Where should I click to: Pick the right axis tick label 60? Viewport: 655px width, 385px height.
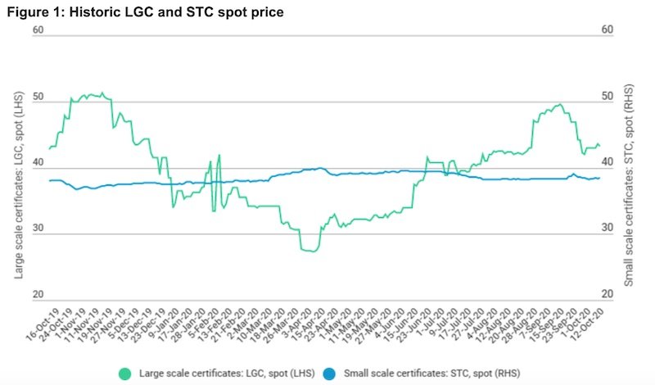tap(607, 30)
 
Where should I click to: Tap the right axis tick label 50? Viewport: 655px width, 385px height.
tap(607, 97)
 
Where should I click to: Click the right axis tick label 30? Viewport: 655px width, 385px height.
tap(607, 228)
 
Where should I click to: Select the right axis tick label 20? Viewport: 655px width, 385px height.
tap(607, 294)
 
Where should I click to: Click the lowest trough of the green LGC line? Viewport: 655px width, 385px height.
tap(309, 251)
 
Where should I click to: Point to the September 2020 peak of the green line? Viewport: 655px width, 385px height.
tap(558, 104)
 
